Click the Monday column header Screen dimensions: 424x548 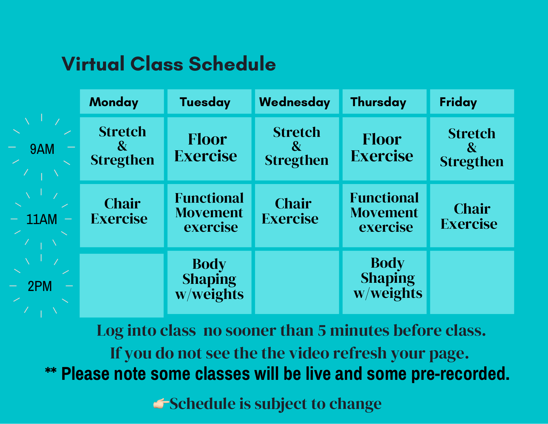point(114,102)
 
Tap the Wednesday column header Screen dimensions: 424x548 point(295,102)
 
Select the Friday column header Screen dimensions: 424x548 point(458,102)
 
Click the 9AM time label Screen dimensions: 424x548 point(42,149)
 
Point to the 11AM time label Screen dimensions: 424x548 point(42,219)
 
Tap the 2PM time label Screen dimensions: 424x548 point(40,286)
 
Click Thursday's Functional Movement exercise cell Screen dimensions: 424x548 point(384,213)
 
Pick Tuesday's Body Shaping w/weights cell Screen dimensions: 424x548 point(209,279)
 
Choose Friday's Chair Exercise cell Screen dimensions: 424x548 point(469,216)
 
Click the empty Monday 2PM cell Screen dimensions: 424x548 point(122,285)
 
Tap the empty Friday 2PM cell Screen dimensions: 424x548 point(472,282)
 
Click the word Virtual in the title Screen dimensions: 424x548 point(93,64)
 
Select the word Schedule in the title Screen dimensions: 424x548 point(232,64)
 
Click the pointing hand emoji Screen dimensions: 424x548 point(161,403)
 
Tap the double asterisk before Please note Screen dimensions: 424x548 point(51,371)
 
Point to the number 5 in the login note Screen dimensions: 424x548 point(322,330)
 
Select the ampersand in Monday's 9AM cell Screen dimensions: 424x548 point(122,146)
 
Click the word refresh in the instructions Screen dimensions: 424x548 point(359,353)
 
